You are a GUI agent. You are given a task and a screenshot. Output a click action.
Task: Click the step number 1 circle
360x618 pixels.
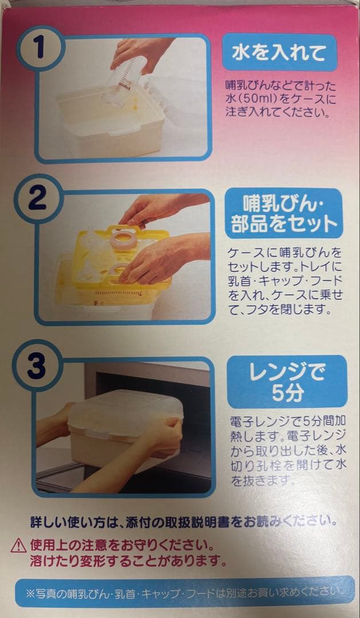[x=41, y=49]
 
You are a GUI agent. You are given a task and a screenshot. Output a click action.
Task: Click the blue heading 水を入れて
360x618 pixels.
[x=279, y=53]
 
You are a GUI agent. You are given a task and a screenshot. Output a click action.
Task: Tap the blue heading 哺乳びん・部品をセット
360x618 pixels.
[x=283, y=213]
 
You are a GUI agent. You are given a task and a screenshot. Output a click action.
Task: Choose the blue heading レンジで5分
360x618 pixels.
[x=287, y=382]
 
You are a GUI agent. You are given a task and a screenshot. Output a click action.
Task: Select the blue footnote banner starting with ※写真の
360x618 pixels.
[x=184, y=592]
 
